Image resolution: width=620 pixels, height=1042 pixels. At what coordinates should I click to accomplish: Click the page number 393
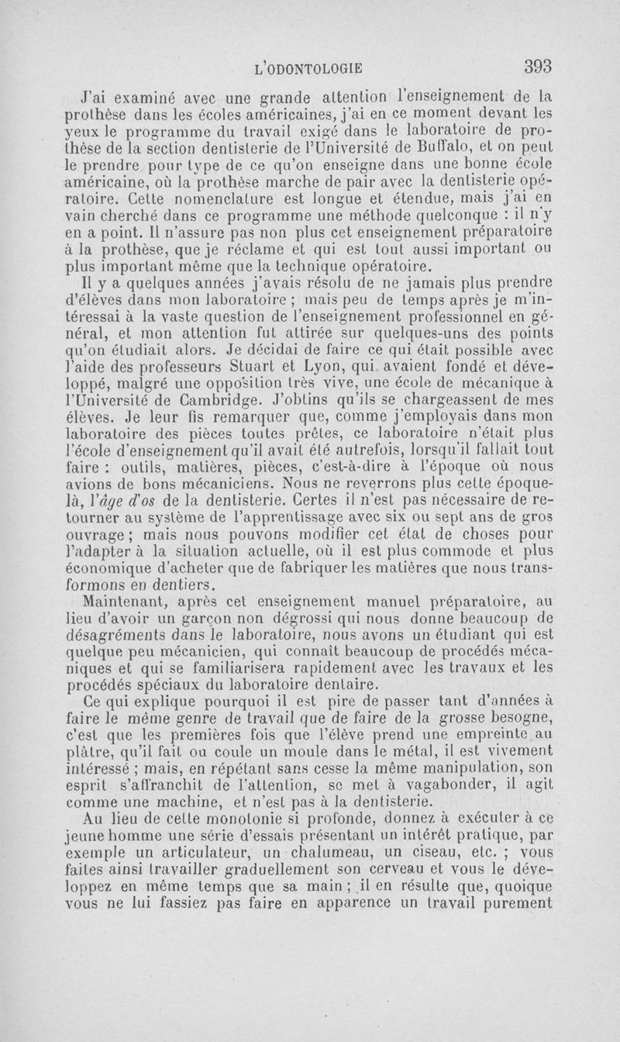coord(536,67)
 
